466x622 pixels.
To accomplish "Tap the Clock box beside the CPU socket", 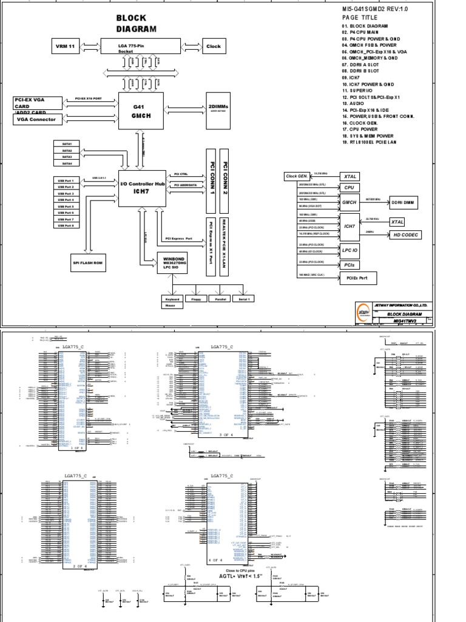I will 214,46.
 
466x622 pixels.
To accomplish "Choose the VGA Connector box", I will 38,120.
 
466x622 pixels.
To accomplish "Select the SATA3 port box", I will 67,157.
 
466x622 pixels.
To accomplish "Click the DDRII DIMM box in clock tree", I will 400,204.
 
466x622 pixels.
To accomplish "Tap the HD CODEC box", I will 405,235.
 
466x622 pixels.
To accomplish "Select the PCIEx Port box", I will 358,278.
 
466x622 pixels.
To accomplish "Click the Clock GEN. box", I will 299,176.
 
